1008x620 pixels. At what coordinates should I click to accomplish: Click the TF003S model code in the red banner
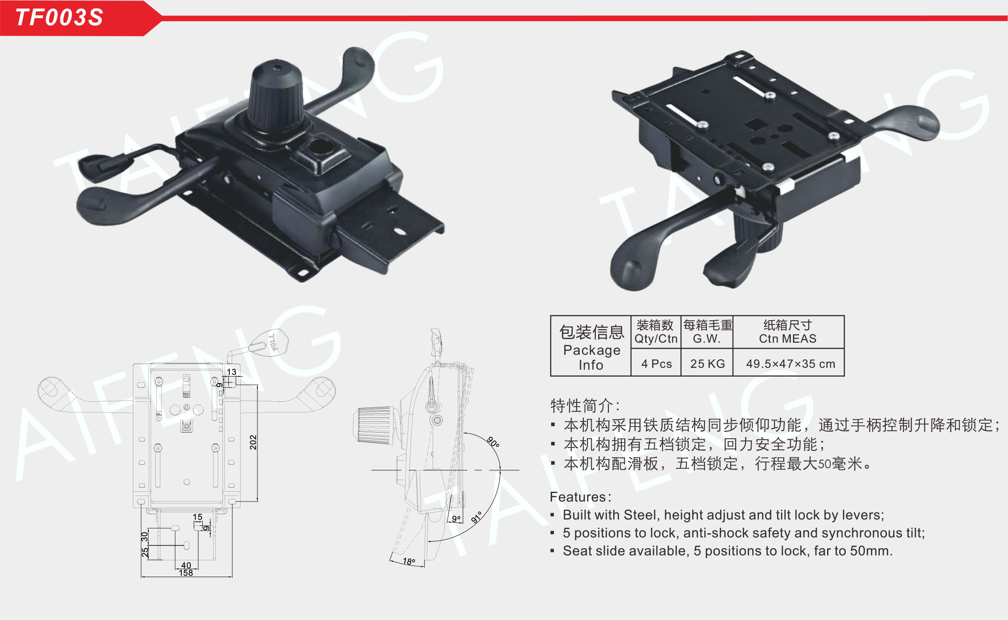tap(59, 18)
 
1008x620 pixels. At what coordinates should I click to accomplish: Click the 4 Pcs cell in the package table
tap(656, 364)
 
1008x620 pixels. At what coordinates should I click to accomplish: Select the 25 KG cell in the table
tap(707, 364)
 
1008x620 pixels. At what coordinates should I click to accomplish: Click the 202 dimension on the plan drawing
tap(253, 442)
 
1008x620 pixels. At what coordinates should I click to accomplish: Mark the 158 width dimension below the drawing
tap(186, 573)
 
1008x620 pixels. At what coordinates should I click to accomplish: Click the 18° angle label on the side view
tap(409, 561)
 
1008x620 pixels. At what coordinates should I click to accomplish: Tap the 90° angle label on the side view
tap(493, 441)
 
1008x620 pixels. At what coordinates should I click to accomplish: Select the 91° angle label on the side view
tap(476, 517)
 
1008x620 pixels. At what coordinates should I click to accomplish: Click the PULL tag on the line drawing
tap(270, 343)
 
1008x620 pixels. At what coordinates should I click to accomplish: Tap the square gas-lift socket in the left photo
tap(321, 150)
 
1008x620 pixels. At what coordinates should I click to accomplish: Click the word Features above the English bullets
tap(578, 497)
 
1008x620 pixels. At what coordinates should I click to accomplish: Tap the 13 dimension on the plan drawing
tap(232, 372)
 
